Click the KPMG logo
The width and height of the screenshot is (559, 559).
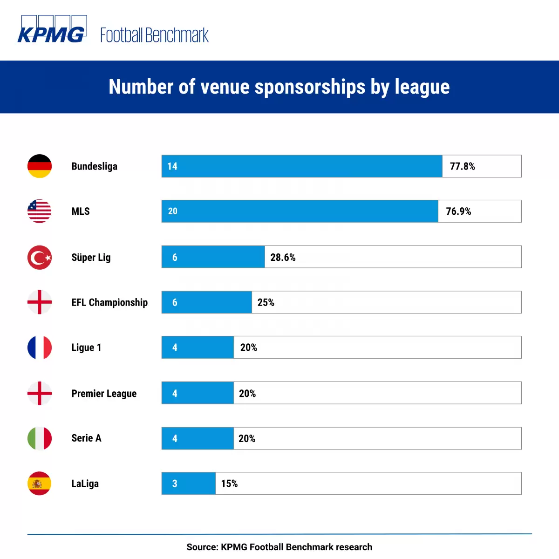(52, 30)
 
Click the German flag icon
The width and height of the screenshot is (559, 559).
(40, 166)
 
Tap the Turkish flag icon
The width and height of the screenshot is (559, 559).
(40, 257)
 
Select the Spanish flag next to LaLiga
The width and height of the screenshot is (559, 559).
(40, 484)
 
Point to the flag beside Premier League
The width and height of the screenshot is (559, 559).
(40, 393)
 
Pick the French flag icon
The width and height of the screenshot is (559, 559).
(40, 348)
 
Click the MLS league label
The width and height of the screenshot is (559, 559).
(81, 211)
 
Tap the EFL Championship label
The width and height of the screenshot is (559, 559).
(109, 302)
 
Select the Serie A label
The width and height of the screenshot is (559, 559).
(86, 438)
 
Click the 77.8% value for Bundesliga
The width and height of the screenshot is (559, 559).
(462, 166)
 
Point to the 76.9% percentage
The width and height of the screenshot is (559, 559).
(458, 211)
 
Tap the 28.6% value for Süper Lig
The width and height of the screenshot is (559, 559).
(283, 258)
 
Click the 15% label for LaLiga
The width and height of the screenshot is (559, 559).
(229, 484)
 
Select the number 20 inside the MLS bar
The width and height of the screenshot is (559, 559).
(172, 211)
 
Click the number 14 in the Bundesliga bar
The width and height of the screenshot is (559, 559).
(172, 166)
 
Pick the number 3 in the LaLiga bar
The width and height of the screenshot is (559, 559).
(175, 484)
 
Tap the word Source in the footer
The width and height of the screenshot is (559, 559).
(201, 547)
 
